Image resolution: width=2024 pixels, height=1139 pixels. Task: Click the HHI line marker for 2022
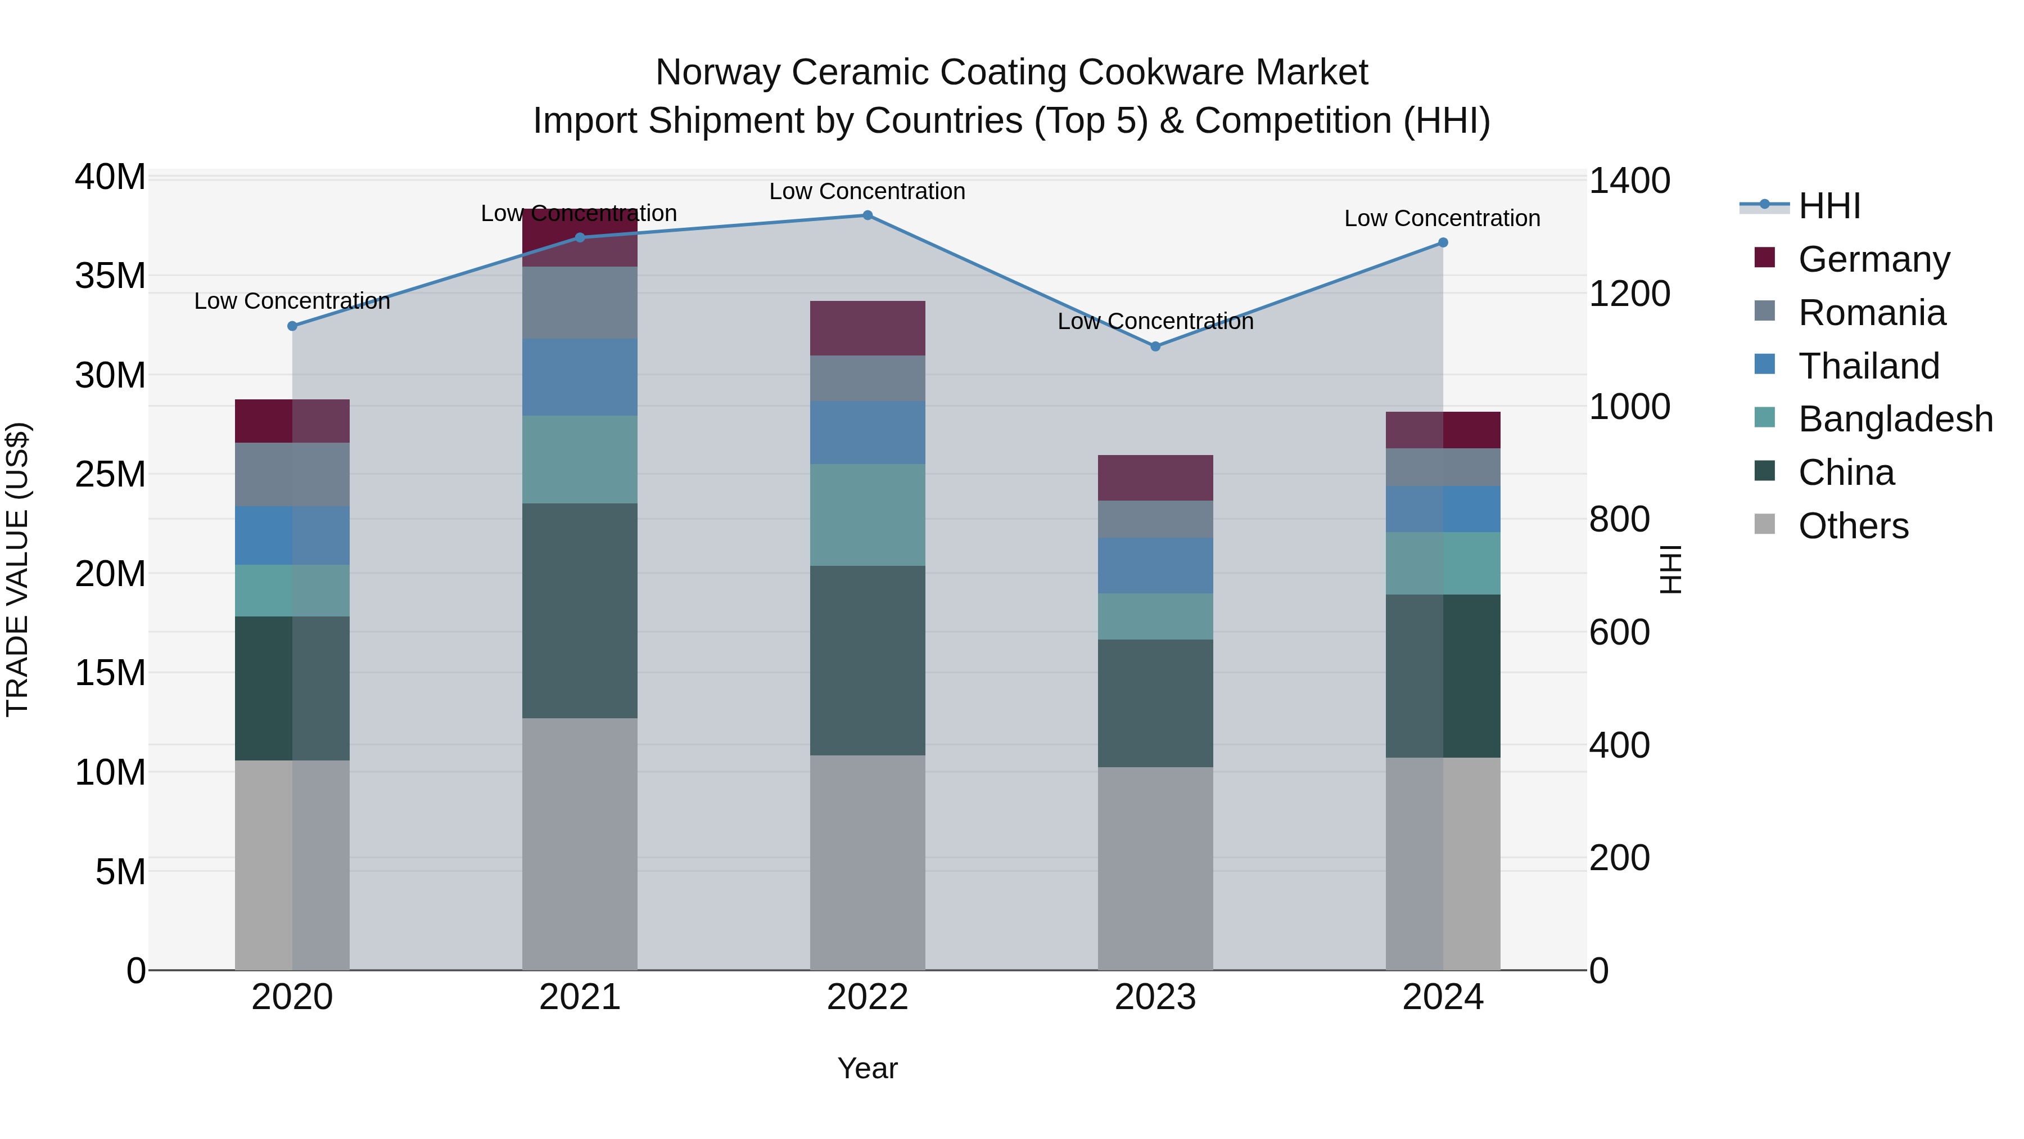coord(868,215)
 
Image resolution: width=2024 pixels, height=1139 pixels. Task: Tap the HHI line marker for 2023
coord(1155,346)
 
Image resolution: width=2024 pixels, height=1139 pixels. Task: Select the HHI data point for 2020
coord(292,326)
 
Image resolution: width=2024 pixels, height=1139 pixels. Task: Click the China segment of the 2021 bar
coord(580,611)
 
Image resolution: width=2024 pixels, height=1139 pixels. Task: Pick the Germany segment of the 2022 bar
coord(868,328)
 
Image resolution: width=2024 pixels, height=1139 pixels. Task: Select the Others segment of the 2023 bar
coord(1155,868)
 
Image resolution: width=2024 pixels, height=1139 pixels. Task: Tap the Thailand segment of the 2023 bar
coord(1155,566)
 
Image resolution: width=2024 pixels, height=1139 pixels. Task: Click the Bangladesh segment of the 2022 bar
coord(868,515)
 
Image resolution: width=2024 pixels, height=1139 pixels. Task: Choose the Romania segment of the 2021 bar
coord(580,303)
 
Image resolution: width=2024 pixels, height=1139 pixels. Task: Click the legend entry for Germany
coord(1873,259)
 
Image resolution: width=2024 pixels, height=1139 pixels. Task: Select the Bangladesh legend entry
coord(1895,419)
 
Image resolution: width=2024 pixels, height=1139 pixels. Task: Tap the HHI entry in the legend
coord(1829,206)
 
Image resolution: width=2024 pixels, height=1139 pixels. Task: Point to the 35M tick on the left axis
coord(110,277)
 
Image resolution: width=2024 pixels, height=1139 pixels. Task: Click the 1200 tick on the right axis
coord(1629,294)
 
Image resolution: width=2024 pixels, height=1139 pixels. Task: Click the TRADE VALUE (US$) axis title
coord(17,569)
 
